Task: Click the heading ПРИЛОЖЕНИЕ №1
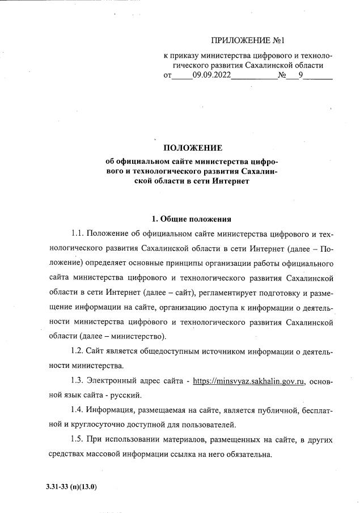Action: click(247, 41)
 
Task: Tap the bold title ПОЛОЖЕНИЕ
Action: click(192, 149)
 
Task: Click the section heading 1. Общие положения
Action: click(192, 219)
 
